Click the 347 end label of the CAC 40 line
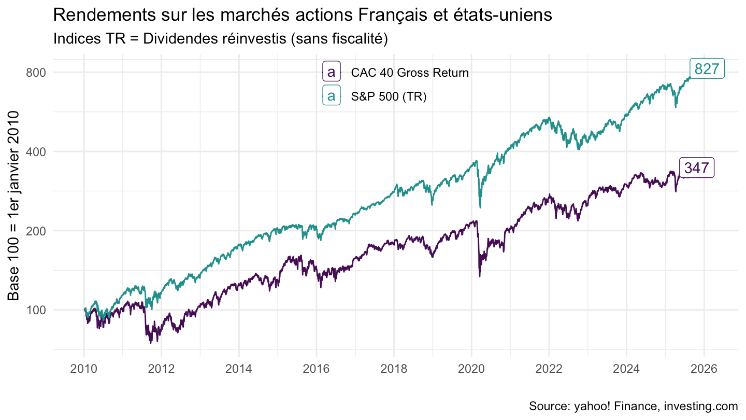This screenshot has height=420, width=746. (696, 168)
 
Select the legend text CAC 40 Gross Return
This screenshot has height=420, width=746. (409, 73)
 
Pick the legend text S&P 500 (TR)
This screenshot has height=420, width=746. (389, 96)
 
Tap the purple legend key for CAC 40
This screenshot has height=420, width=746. (331, 72)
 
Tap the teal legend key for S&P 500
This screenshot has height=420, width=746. (331, 95)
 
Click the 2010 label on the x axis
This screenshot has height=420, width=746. (84, 369)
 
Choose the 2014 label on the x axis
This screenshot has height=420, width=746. (239, 369)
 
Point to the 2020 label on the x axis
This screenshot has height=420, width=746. (471, 369)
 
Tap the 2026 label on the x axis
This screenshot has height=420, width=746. (704, 369)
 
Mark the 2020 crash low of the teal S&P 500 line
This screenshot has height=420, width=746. (480, 207)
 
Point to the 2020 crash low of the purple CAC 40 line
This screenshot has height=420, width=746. (479, 276)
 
